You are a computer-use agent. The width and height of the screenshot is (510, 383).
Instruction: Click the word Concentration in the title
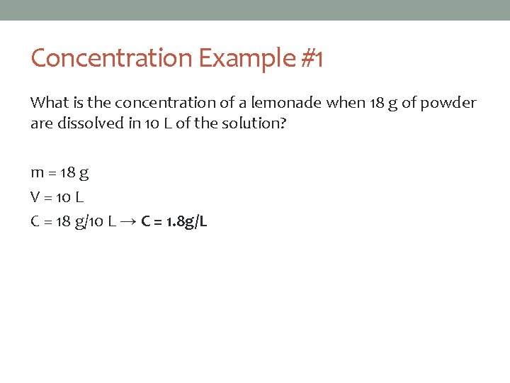click(x=112, y=58)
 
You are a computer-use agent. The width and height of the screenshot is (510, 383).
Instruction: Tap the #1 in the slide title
click(x=311, y=58)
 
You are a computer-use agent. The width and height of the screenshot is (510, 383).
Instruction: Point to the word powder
click(x=448, y=103)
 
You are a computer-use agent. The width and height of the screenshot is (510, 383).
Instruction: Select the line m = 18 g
click(x=59, y=172)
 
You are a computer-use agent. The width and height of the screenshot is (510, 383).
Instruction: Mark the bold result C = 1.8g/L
click(x=174, y=222)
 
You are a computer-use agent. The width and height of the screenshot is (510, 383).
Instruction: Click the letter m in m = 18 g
click(x=37, y=172)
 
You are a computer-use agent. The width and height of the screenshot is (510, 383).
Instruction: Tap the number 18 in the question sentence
click(x=376, y=103)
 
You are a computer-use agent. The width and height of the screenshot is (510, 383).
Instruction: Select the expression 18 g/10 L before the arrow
click(x=86, y=222)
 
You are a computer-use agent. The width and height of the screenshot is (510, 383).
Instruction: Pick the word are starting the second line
click(x=39, y=123)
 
